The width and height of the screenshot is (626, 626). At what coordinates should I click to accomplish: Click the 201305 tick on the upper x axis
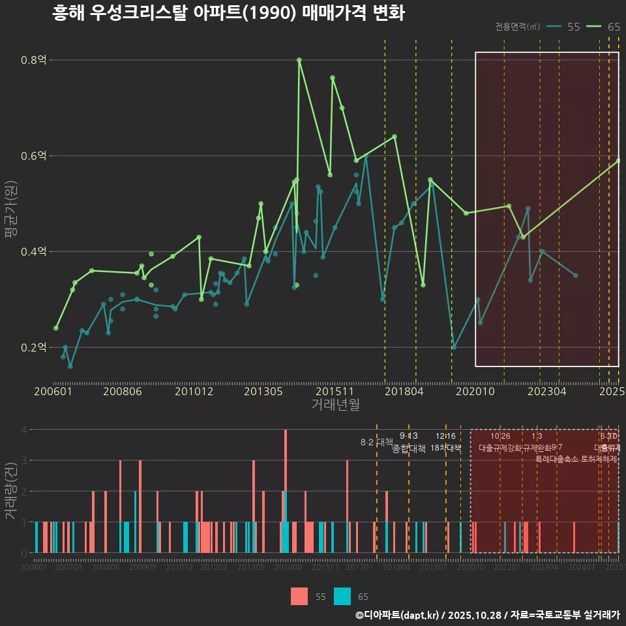click(263, 391)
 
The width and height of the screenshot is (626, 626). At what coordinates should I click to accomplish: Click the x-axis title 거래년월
click(335, 405)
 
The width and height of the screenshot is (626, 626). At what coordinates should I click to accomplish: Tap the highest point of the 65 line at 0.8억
click(299, 60)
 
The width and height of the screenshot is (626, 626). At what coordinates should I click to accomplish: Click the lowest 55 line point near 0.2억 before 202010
click(454, 348)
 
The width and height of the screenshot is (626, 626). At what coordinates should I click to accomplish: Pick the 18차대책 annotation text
click(445, 448)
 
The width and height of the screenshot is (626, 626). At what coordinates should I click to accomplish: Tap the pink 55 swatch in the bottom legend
click(299, 596)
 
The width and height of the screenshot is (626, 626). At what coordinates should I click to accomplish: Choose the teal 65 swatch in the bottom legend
click(342, 596)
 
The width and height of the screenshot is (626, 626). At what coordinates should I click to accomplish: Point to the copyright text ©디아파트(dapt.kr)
click(398, 615)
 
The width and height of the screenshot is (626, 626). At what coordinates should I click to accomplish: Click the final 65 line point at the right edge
click(618, 160)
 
